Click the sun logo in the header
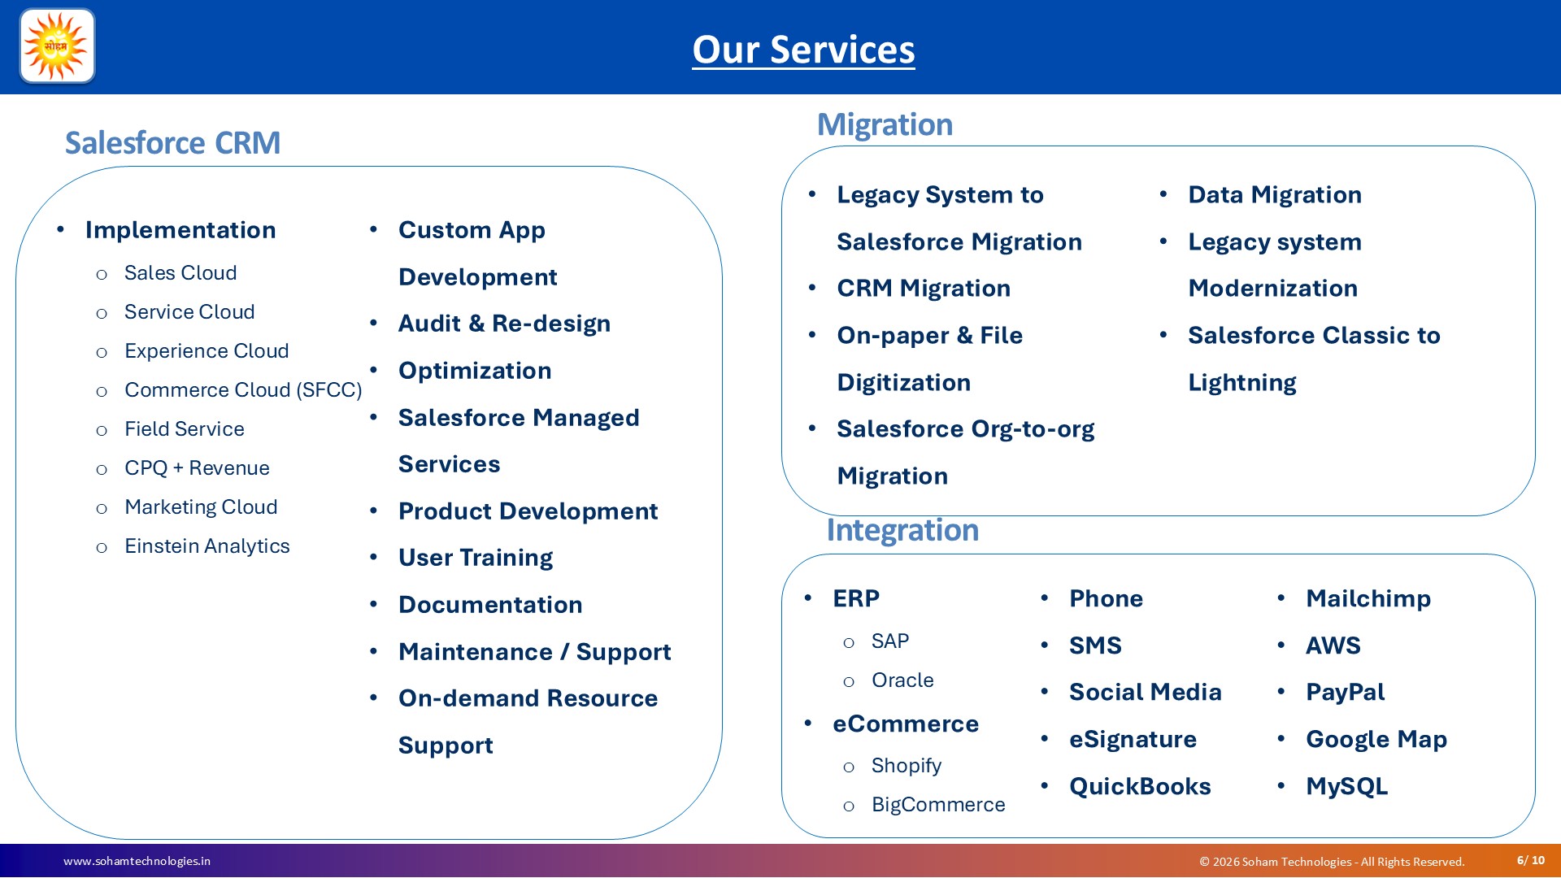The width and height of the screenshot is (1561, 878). (57, 46)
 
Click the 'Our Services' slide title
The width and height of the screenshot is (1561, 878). (803, 50)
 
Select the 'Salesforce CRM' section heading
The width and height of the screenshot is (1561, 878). (172, 143)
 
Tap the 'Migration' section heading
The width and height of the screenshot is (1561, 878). (885, 124)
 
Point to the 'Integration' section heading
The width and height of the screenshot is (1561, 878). (902, 530)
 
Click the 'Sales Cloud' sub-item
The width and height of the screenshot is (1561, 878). (180, 273)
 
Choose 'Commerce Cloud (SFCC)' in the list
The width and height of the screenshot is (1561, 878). (243, 390)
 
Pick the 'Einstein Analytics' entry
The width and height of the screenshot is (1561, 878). (207, 546)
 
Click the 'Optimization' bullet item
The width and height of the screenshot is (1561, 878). (475, 371)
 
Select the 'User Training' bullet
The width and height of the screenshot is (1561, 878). (476, 558)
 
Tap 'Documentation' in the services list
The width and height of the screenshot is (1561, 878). (490, 605)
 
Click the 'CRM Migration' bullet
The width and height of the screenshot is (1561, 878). (924, 289)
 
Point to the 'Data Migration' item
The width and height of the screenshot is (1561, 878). (1275, 195)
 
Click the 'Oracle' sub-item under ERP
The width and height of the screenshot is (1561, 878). (902, 680)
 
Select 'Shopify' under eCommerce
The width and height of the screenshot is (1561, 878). (907, 766)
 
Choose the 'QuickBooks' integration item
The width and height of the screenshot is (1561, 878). (1140, 787)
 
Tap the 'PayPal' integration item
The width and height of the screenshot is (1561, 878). (1346, 693)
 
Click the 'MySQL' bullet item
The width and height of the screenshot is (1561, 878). (1347, 787)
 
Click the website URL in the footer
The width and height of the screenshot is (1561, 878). (137, 861)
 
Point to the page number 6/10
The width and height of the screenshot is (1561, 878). (1531, 860)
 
